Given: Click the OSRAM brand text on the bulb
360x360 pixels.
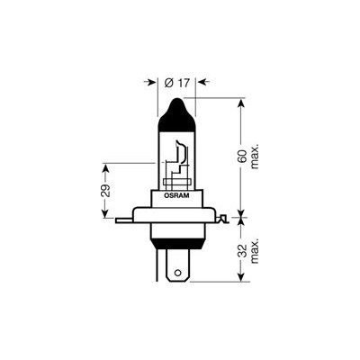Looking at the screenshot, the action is [176, 195].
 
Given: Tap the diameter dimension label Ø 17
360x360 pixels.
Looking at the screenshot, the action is [177, 83].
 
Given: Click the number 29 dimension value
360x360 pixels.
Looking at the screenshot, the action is [105, 190].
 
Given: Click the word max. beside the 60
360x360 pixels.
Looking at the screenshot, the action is [255, 157].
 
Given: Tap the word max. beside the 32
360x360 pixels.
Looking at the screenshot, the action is [255, 251].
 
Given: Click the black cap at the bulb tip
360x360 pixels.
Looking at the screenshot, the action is [176, 115].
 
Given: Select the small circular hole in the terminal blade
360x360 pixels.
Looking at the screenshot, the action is [177, 273].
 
